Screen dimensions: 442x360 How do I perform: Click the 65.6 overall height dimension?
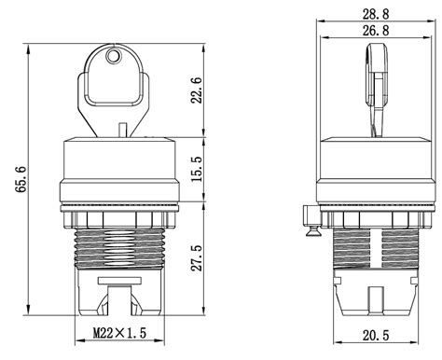click(21, 180)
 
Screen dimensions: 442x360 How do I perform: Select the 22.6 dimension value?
click(197, 90)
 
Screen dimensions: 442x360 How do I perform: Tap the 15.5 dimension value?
click(197, 169)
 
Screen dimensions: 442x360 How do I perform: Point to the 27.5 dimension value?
click(197, 257)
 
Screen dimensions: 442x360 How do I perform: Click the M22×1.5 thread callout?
click(119, 333)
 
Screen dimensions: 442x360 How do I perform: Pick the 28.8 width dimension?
click(376, 14)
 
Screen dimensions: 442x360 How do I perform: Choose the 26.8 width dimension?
click(376, 31)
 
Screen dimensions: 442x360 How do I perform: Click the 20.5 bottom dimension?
click(376, 335)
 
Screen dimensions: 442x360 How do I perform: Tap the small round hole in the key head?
click(113, 56)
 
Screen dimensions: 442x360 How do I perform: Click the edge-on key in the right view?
click(376, 90)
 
